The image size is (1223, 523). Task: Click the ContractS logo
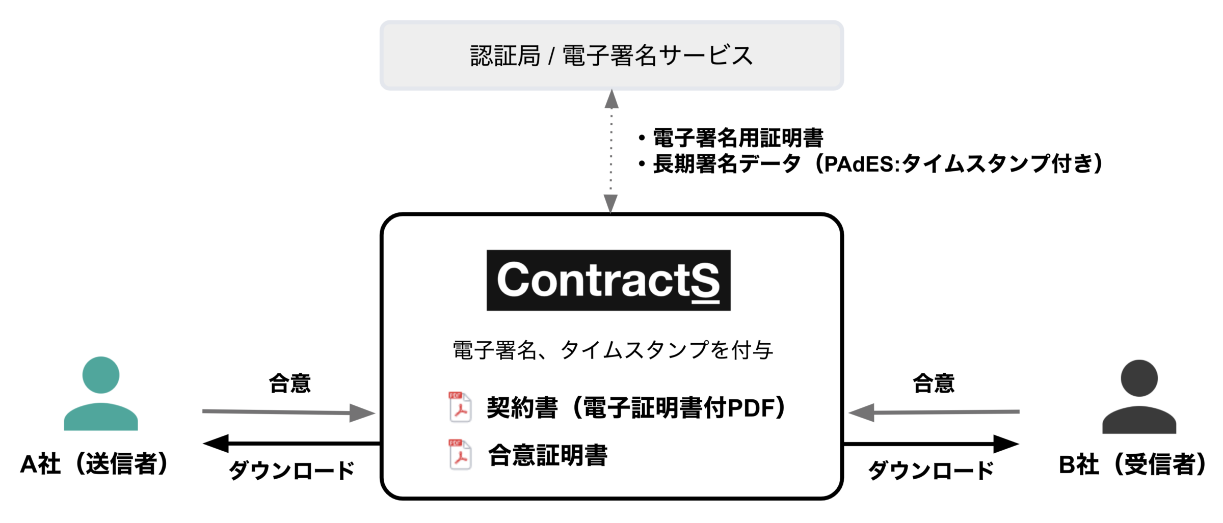tap(608, 280)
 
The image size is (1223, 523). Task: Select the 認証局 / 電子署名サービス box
tap(612, 56)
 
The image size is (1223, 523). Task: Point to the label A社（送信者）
tap(95, 464)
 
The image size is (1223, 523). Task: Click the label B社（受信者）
tap(1133, 464)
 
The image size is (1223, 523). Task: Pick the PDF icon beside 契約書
tap(460, 407)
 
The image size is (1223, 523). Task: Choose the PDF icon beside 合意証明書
tap(460, 454)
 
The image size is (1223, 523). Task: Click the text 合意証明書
tap(548, 455)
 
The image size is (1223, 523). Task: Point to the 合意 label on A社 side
tap(289, 383)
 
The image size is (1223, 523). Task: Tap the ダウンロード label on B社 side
tap(931, 470)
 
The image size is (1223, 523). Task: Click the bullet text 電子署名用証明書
tap(738, 138)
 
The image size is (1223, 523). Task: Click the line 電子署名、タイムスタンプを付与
tap(613, 350)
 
